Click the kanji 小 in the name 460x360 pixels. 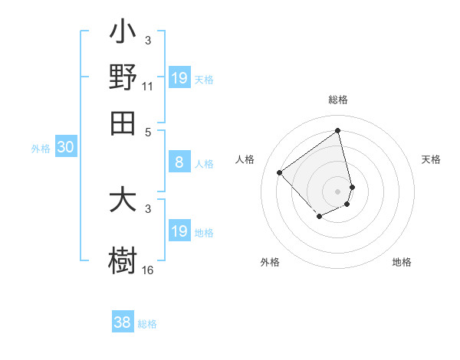pyautogui.click(x=123, y=34)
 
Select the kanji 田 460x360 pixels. pyautogui.click(x=123, y=123)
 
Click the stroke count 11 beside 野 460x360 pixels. pyautogui.click(x=148, y=86)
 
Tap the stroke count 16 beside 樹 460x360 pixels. pyautogui.click(x=148, y=270)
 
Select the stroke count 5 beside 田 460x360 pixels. pyautogui.click(x=148, y=133)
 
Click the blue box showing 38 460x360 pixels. pyautogui.click(x=122, y=322)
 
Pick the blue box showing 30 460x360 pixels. pyautogui.click(x=64, y=148)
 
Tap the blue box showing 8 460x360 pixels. pyautogui.click(x=179, y=162)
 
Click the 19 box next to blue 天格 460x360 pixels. pyautogui.click(x=179, y=78)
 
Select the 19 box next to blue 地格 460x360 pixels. pyautogui.click(x=179, y=231)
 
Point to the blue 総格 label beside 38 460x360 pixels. pyautogui.click(x=147, y=324)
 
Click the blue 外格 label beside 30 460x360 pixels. pyautogui.click(x=40, y=149)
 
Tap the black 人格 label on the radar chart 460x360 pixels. pyautogui.click(x=245, y=159)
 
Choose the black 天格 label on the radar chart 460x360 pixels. pyautogui.click(x=431, y=159)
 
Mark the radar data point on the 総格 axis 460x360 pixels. pyautogui.click(x=337, y=129)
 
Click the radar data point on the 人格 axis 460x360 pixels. pyautogui.click(x=280, y=172)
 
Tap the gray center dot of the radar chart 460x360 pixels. pyautogui.click(x=337, y=191)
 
